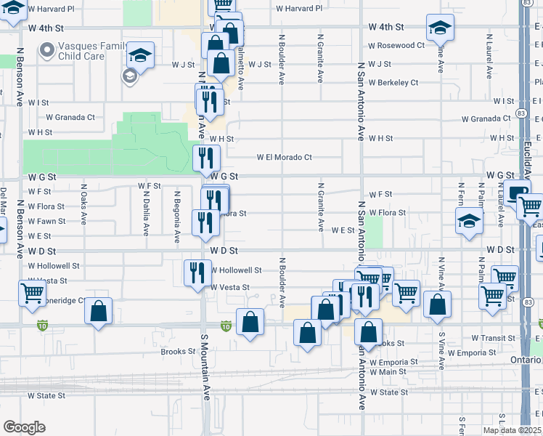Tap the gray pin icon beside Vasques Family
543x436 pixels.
coord(49,50)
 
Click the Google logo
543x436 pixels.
coord(24,427)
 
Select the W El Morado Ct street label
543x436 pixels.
coord(284,157)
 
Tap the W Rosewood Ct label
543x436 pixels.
coord(396,45)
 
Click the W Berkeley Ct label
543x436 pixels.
coord(393,83)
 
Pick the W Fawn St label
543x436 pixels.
coord(46,221)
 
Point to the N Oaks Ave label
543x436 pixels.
coord(84,207)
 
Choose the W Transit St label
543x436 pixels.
coord(493,338)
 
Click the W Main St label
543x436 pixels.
coord(388,372)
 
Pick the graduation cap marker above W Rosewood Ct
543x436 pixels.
coord(440,27)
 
